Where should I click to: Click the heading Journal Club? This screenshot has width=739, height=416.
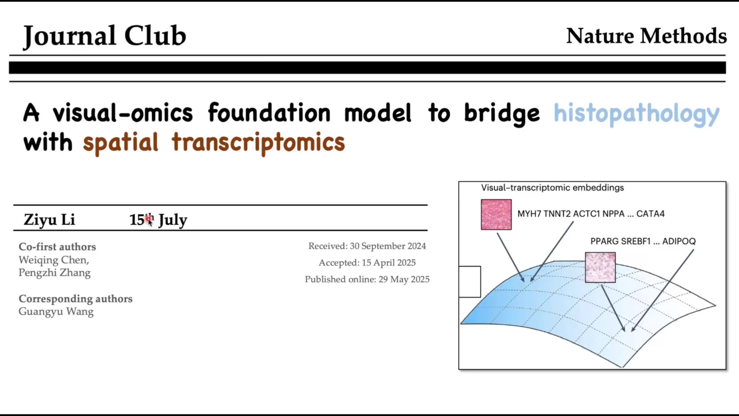(x=104, y=36)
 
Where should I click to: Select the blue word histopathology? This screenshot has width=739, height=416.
(x=637, y=114)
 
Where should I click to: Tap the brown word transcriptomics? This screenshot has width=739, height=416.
(x=258, y=143)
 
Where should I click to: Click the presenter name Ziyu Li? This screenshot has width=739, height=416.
(x=49, y=220)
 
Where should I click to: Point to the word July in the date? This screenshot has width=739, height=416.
(x=173, y=220)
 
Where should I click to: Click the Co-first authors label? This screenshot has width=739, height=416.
(x=57, y=247)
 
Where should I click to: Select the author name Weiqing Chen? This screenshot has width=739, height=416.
(x=54, y=260)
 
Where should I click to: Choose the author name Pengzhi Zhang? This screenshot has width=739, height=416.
(x=55, y=273)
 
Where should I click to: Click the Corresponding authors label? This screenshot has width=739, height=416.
(x=76, y=299)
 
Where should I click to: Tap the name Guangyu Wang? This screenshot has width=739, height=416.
(x=56, y=312)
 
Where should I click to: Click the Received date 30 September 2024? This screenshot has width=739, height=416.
(x=367, y=246)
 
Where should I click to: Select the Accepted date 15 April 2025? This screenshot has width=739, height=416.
(x=367, y=263)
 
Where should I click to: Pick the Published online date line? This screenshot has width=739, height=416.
(x=367, y=279)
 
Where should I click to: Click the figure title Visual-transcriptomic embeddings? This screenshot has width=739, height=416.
(x=553, y=188)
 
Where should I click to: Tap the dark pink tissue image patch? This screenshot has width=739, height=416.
(x=496, y=215)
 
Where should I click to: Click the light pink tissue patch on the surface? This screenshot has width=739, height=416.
(x=600, y=268)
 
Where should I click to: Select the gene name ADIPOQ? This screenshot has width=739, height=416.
(x=679, y=241)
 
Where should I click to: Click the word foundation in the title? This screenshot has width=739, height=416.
(x=269, y=112)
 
